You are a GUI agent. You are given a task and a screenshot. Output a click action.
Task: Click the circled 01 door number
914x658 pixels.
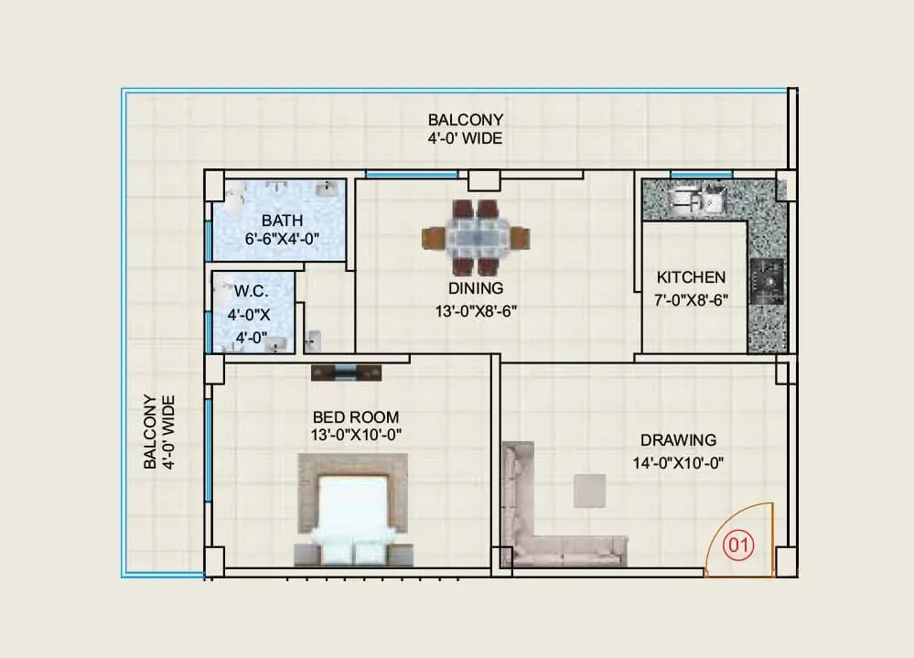pos(738,546)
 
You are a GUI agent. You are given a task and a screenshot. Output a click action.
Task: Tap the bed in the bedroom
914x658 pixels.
pos(352,517)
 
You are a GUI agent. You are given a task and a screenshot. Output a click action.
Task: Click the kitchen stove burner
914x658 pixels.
pos(767,281)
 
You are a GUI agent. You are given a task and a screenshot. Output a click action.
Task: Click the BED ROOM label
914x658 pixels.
pos(356,417)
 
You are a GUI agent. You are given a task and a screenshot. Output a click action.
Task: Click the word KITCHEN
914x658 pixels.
pos(691,276)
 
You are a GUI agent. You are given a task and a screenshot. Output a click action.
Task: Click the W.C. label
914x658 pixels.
pos(250,291)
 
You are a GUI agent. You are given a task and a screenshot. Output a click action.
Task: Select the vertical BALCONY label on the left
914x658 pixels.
pos(157,432)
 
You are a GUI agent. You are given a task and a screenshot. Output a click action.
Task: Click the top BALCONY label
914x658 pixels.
pos(466,120)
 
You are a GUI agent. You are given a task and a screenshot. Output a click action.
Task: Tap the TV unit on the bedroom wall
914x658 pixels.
pos(346,372)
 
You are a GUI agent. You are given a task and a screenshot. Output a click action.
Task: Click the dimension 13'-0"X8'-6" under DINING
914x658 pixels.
pos(476,310)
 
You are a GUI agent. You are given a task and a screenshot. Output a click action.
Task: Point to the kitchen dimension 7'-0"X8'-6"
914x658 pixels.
pos(692,299)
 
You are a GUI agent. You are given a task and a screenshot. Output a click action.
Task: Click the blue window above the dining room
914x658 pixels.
pos(412,174)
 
